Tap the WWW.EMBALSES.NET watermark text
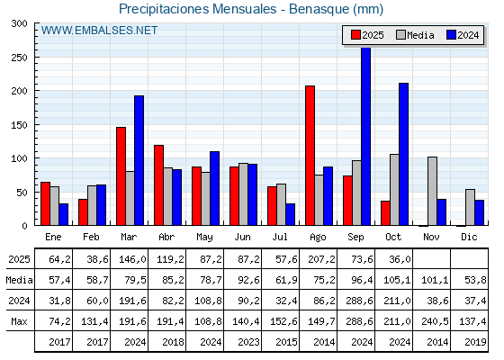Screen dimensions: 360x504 click(x=99, y=31)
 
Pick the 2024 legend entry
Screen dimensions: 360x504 click(x=462, y=35)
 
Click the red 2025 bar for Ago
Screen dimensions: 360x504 click(x=310, y=155)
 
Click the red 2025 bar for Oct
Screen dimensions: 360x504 click(x=385, y=213)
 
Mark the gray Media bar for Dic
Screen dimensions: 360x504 click(x=470, y=207)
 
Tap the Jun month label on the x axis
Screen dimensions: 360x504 click(x=243, y=236)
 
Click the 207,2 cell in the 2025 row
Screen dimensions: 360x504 click(x=318, y=258)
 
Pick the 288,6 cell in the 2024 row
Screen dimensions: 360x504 click(x=356, y=301)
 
